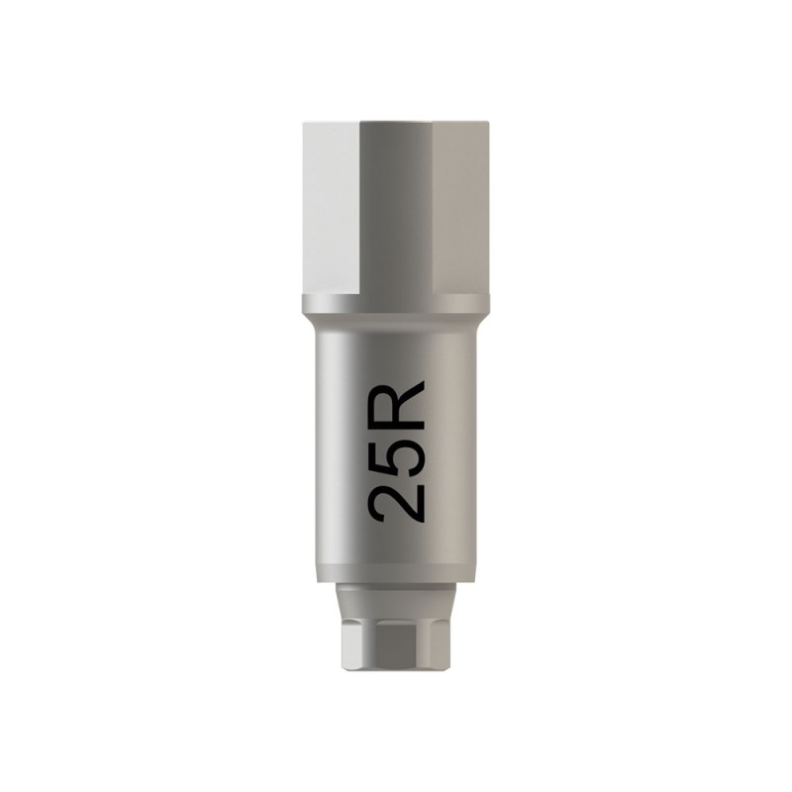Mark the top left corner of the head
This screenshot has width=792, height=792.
coord(304,123)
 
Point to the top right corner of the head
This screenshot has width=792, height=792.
coord(488,123)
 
